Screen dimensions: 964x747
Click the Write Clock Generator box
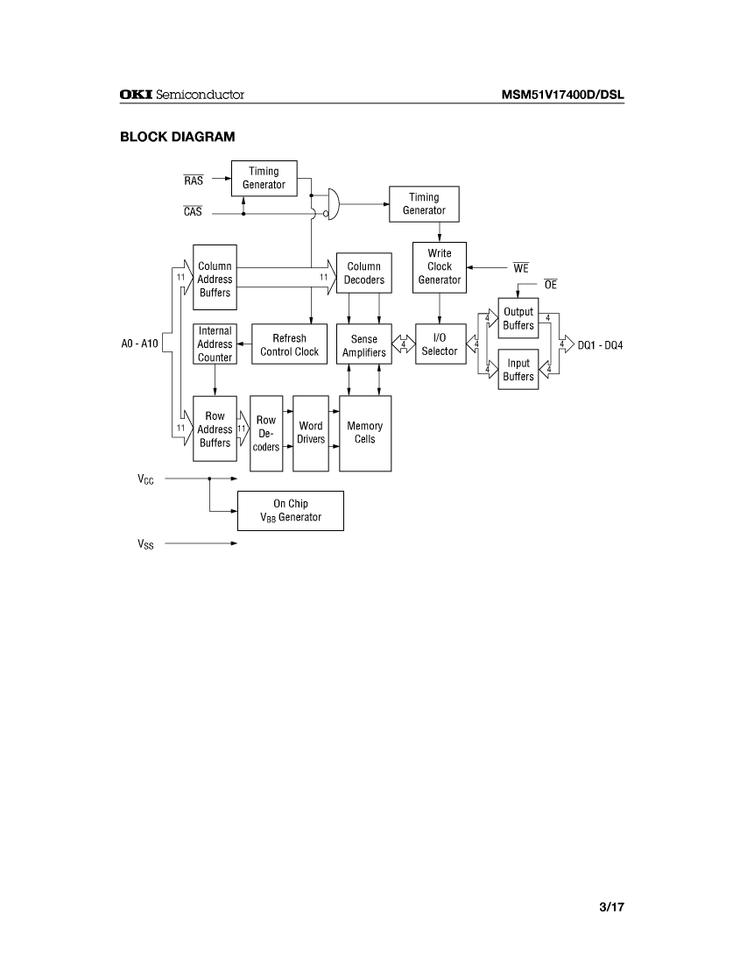click(x=440, y=267)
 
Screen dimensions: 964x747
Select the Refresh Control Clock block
click(x=289, y=344)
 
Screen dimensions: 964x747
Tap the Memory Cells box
click(x=365, y=433)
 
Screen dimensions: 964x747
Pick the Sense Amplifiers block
click(x=364, y=345)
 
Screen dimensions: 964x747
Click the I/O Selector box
click(x=440, y=344)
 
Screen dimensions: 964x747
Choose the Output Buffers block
click(x=518, y=319)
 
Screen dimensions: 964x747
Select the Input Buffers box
click(x=518, y=370)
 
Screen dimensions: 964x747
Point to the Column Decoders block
click(x=364, y=273)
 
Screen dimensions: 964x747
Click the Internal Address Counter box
click(x=215, y=344)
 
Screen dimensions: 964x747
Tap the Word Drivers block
click(x=311, y=433)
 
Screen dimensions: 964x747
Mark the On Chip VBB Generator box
click(x=291, y=511)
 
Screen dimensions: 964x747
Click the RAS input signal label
click(x=194, y=181)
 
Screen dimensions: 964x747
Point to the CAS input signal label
click(x=193, y=211)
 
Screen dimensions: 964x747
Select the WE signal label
click(x=521, y=269)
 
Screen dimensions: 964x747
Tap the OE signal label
click(x=550, y=285)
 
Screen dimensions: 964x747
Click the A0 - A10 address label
click(x=140, y=344)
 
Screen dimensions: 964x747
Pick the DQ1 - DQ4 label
click(x=601, y=344)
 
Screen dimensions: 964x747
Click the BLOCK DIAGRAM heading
click(x=178, y=137)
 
